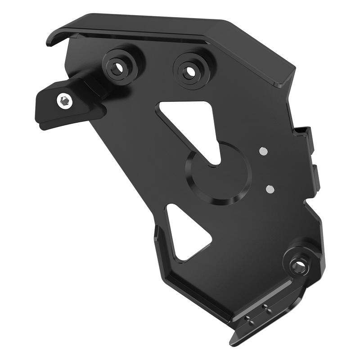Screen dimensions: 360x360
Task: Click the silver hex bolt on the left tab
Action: (65, 101)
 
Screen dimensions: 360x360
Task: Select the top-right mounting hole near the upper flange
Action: (189, 71)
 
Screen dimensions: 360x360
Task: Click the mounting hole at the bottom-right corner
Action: (298, 265)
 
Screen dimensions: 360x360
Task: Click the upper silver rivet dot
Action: (263, 152)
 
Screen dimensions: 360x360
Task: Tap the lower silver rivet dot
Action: (270, 189)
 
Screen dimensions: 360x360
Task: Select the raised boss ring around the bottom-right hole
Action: (290, 256)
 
